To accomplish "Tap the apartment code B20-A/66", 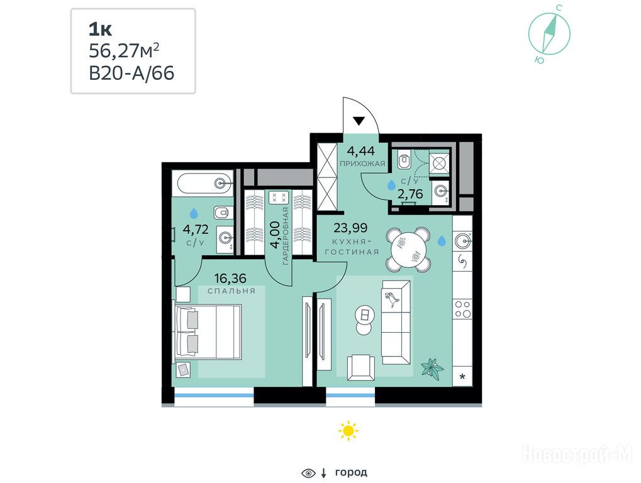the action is click(131, 74).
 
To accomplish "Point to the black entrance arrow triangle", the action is click(359, 121).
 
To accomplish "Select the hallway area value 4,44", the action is click(361, 151).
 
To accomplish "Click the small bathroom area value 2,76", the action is click(410, 194).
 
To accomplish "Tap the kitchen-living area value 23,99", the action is click(350, 228).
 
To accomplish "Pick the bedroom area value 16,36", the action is click(230, 279).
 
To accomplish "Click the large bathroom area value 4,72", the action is click(196, 230).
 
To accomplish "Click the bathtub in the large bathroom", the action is click(203, 183).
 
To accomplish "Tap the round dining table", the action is click(409, 249).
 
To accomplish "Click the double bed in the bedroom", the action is click(208, 332).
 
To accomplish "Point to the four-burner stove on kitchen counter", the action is click(463, 309).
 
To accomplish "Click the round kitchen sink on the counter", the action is click(463, 238).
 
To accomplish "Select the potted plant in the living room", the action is click(433, 369).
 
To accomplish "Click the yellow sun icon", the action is click(348, 431).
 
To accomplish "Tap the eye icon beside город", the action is click(308, 473).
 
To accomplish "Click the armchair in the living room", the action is click(361, 367).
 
